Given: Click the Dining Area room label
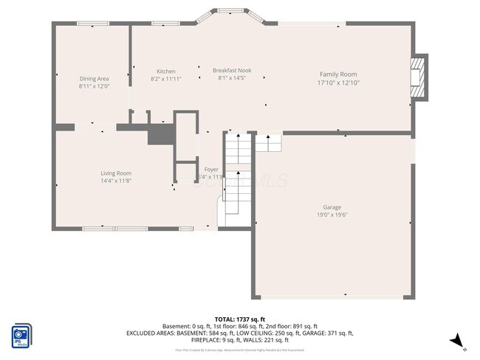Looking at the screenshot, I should coord(95,78).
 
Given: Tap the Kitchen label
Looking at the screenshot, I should coord(165,71).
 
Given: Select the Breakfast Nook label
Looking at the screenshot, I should coord(232,70).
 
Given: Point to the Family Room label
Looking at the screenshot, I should coord(337,75).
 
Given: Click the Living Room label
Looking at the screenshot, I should coord(116,173).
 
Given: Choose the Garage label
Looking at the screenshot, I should coord(332,207).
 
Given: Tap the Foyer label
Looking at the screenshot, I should coord(211,170).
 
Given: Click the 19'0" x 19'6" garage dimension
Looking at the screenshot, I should coord(332,215).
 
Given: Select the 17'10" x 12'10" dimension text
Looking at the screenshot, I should coord(337,83).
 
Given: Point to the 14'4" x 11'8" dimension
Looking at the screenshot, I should coord(116,181).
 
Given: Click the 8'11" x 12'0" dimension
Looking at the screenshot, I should coord(95,86).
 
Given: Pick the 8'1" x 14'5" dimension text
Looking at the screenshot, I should coord(232,78).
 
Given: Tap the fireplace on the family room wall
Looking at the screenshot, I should coord(419,76).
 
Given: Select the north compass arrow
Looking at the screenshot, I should coord(459,339).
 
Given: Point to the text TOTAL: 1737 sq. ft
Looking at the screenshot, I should coord(240,319).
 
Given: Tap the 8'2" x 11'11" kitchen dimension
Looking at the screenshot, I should coord(165,78).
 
